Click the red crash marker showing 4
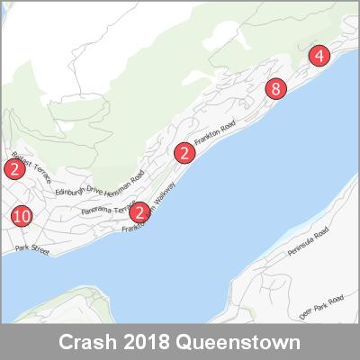319,56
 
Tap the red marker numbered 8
275,88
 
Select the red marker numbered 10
22,217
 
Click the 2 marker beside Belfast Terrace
13,168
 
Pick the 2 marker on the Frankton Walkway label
139,212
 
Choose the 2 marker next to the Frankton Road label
184,153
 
